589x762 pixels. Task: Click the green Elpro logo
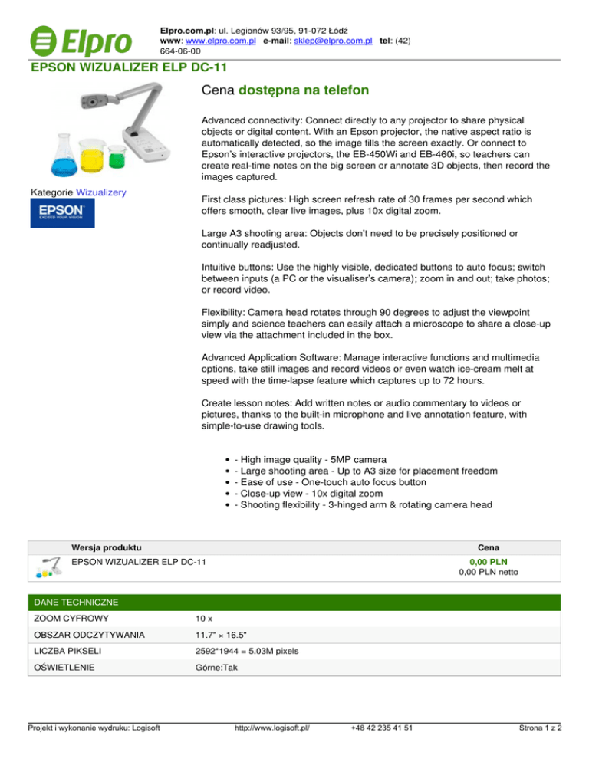tap(80, 38)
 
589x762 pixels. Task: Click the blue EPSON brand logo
tap(56, 213)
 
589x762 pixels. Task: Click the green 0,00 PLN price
tap(489, 562)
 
